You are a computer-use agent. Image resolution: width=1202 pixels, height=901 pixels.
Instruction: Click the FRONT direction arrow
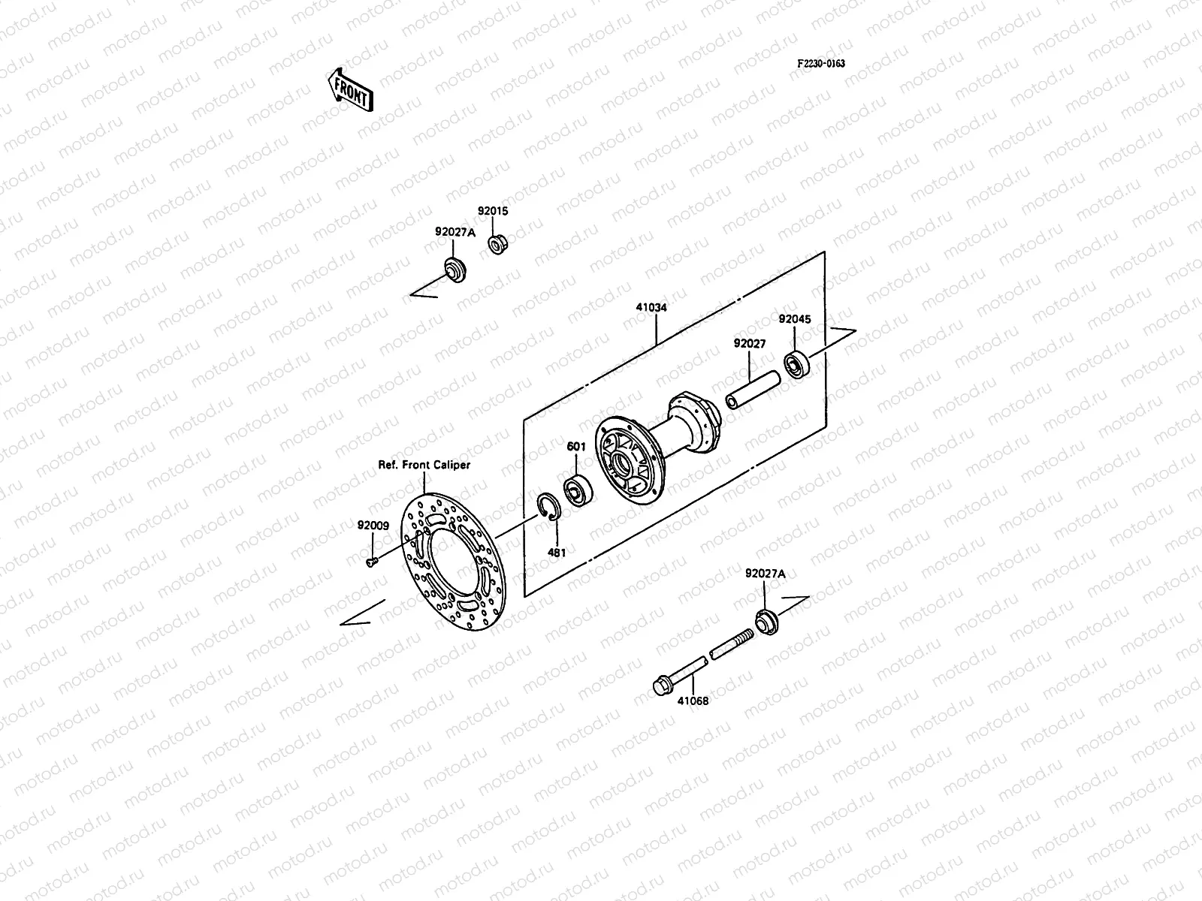point(350,89)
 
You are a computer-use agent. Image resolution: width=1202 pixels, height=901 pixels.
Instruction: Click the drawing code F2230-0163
point(820,64)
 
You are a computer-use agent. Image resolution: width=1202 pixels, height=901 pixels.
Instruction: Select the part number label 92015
point(493,211)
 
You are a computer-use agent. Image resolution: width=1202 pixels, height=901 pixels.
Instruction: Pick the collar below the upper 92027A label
point(453,268)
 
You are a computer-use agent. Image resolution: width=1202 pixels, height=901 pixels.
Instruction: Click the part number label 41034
point(651,308)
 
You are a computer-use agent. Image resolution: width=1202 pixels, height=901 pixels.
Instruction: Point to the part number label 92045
point(794,319)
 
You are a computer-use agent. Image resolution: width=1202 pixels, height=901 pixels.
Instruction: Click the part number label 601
point(576,447)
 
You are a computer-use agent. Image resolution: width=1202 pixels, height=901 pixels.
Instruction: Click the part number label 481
point(557,552)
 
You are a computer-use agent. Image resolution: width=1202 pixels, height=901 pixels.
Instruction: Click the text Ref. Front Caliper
point(424,465)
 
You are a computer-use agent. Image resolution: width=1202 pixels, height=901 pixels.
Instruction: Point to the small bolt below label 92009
point(370,561)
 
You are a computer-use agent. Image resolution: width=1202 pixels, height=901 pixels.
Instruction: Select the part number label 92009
point(373,526)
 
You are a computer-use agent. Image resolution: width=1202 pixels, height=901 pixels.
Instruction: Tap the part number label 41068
point(693,701)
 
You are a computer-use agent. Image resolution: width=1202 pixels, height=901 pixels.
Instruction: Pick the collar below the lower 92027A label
point(766,622)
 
